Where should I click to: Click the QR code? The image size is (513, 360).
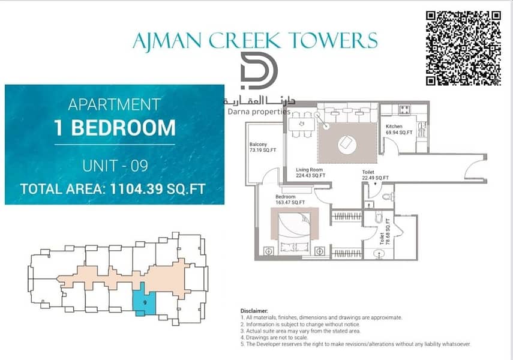[x=463, y=48]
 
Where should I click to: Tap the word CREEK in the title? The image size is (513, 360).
[x=245, y=41]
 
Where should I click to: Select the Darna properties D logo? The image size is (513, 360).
[x=259, y=71]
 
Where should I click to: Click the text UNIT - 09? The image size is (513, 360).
[x=115, y=166]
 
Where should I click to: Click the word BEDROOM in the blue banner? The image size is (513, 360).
[x=124, y=128]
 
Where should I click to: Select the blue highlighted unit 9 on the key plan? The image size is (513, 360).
[x=144, y=300]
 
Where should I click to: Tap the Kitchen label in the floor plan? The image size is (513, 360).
[x=394, y=127]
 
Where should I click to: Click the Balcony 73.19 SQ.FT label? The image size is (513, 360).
[x=262, y=147]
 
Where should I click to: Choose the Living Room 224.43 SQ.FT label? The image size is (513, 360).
[x=310, y=172]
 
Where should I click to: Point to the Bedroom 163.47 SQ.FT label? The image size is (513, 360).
[x=290, y=200]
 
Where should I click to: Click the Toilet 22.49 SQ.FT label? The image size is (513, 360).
[x=375, y=175]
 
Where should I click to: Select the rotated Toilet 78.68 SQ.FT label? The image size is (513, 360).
[x=385, y=232]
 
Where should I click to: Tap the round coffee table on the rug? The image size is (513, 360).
[x=347, y=144]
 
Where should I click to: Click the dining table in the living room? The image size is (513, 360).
[x=301, y=124]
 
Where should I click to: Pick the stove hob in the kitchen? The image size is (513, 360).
[x=404, y=110]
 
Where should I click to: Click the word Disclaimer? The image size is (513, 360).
[x=254, y=311]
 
